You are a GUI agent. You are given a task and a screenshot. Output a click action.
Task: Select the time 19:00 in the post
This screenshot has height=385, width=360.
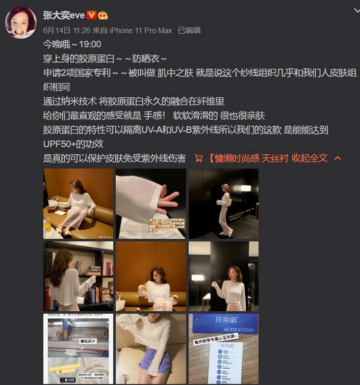90,44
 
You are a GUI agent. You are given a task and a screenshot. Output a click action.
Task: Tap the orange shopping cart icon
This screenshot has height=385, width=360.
199,158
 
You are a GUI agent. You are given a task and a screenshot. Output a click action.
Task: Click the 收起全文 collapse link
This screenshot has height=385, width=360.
310,158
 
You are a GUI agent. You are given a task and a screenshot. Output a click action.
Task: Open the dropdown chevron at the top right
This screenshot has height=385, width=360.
356,10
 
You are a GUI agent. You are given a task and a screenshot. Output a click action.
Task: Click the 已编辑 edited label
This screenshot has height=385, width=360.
189,31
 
